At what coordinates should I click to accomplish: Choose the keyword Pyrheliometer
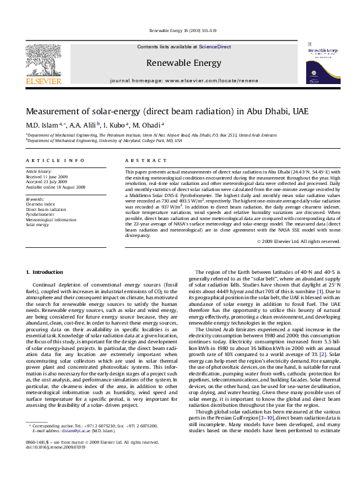(39, 213)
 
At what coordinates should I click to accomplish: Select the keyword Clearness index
(41, 204)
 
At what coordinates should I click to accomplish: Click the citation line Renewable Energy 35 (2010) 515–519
(179, 31)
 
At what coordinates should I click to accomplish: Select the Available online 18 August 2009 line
(55, 187)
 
